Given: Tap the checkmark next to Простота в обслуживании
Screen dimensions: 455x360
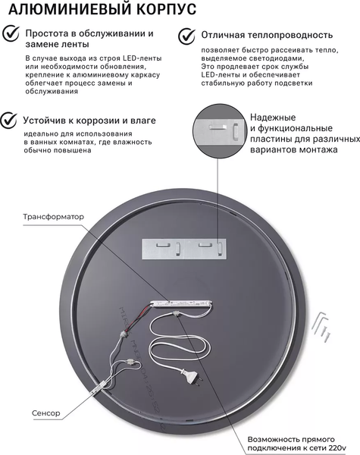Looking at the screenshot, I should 11,35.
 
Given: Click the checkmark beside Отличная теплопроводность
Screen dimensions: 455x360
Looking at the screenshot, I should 186,35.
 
